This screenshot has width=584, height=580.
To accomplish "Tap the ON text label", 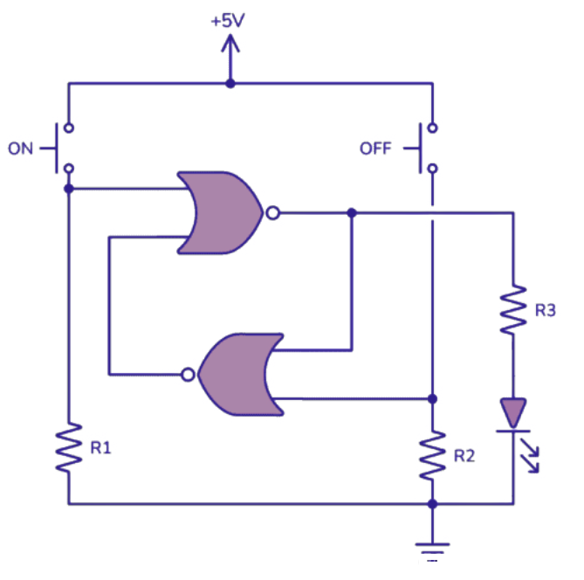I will coord(21,148).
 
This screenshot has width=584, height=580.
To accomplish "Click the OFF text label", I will coord(376,148).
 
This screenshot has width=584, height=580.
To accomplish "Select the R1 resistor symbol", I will coord(68,450).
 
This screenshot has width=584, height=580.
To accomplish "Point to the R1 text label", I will coord(101,447).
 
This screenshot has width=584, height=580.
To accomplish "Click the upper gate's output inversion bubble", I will coord(273,212).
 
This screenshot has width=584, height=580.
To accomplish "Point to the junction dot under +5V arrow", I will coord(230,85).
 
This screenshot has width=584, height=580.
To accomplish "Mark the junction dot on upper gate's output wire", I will coord(352,212).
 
